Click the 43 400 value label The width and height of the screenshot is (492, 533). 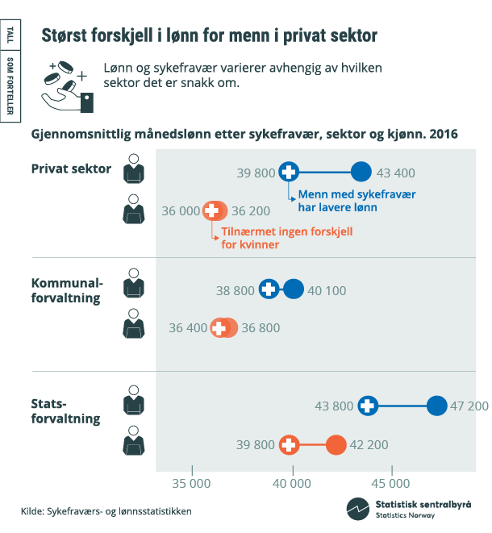click(396, 173)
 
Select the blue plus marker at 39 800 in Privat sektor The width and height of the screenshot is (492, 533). click(289, 172)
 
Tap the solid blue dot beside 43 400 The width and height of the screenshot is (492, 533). click(361, 172)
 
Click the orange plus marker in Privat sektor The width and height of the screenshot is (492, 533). click(212, 210)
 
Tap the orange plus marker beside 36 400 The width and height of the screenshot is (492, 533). click(219, 328)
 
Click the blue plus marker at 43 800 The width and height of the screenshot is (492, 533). click(368, 406)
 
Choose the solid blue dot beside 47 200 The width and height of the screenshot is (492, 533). click(436, 406)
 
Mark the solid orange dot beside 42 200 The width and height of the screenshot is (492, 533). click(336, 445)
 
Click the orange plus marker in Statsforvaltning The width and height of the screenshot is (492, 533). click(289, 445)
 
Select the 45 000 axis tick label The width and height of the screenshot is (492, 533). click(392, 483)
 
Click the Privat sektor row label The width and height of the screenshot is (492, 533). click(71, 169)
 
